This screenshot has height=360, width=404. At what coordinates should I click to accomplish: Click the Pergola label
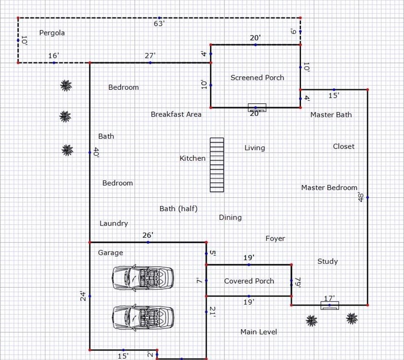click(x=52, y=33)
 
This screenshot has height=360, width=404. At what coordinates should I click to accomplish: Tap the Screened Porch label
click(x=257, y=78)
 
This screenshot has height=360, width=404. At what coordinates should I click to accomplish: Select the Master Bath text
click(x=331, y=115)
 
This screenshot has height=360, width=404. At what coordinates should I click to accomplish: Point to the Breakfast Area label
click(x=176, y=114)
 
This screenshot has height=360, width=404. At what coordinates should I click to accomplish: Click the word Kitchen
click(x=192, y=158)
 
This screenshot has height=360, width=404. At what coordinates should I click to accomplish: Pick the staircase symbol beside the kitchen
click(x=217, y=165)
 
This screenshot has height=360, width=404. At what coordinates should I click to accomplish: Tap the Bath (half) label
click(x=179, y=209)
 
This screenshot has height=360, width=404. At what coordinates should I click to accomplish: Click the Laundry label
click(x=114, y=223)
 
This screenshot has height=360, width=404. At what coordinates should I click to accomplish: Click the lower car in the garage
click(x=143, y=318)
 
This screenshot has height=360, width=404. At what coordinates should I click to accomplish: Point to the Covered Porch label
click(x=249, y=281)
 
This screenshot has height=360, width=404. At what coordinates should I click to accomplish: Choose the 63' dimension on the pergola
click(x=159, y=24)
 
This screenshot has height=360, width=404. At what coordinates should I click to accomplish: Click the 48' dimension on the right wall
click(x=361, y=197)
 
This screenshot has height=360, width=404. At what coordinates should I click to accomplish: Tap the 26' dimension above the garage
click(x=148, y=235)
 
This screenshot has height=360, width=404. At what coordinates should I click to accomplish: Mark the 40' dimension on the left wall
click(x=96, y=152)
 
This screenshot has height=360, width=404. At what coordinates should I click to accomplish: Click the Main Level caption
click(x=259, y=332)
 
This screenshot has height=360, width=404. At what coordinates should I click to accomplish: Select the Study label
click(x=327, y=261)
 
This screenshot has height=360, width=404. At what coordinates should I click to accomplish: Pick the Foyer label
click(x=275, y=238)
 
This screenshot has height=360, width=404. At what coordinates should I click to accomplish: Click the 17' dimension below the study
click(x=329, y=298)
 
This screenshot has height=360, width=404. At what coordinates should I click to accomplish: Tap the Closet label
click(x=343, y=147)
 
